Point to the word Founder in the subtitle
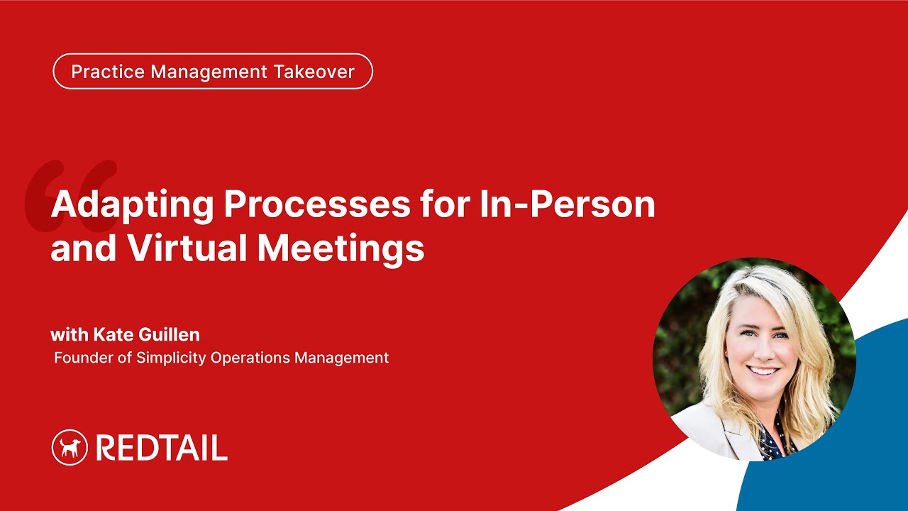(x=84, y=358)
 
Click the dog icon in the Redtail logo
(x=70, y=448)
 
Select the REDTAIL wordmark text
(x=161, y=448)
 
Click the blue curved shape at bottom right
(x=837, y=454)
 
